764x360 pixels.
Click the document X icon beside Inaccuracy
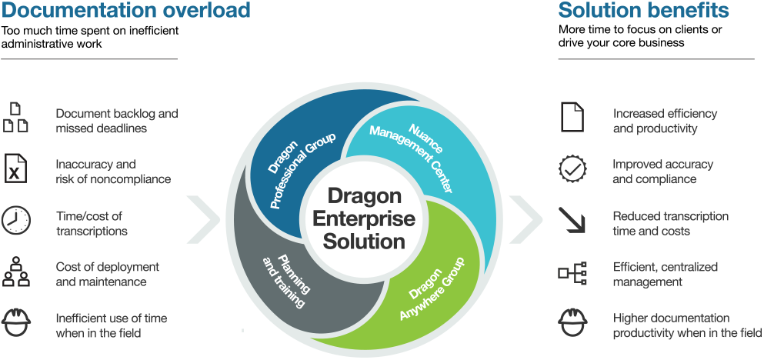coord(15,168)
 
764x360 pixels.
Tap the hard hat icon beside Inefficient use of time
coord(15,323)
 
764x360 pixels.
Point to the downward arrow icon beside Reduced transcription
coord(572,221)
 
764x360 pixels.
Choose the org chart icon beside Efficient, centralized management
coord(572,273)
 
